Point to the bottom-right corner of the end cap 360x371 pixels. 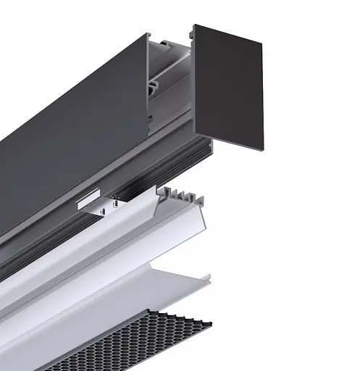click(x=261, y=148)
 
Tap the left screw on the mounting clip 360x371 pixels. click(x=104, y=210)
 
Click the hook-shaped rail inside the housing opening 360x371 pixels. click(x=155, y=87)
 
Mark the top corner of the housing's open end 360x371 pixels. click(x=148, y=35)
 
